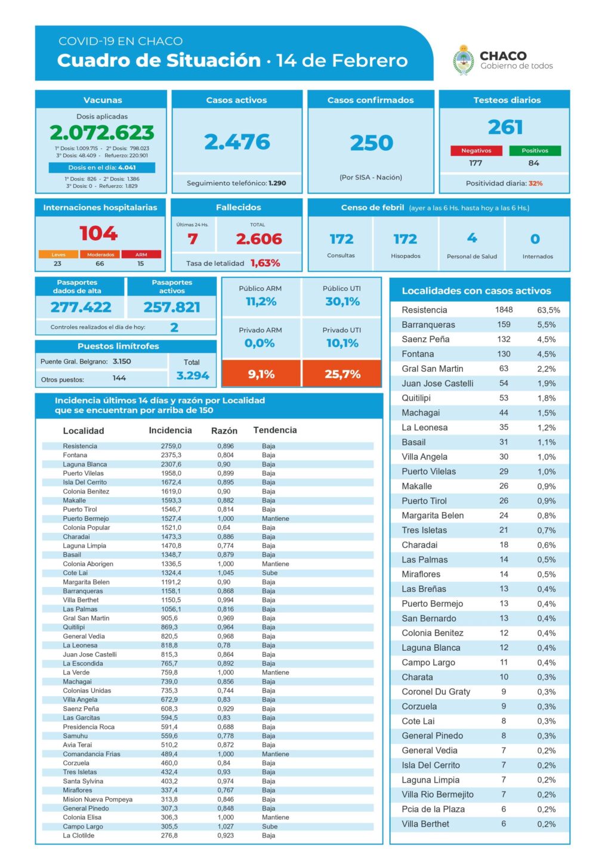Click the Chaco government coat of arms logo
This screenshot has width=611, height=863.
pos(464,60)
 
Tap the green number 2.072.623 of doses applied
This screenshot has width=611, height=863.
pos(102,132)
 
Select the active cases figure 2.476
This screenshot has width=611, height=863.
pos(237,142)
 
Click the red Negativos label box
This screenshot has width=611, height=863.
pos(476,151)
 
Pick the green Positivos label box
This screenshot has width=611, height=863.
pos(535,151)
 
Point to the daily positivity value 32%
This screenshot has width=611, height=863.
pos(535,184)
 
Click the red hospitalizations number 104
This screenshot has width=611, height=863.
pos(98,233)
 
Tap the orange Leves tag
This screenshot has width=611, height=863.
pos(58,254)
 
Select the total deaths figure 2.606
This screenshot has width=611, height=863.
pos(258,239)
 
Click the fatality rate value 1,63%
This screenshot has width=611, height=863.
pos(265,263)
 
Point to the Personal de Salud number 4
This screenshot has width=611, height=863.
pos(472,238)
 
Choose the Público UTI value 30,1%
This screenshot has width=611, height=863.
pos(342,302)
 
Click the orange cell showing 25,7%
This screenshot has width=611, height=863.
pos(342,374)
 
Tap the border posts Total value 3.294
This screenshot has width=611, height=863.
pos(192,375)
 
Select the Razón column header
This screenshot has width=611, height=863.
pos(224,430)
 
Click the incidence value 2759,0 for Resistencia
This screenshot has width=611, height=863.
pos(171,446)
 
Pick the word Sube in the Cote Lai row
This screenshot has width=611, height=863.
pos(270,573)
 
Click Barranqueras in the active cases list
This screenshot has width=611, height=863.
pos(428,325)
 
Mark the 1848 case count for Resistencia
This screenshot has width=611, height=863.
pos(504,310)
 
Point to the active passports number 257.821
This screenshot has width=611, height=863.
pos(172,307)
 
